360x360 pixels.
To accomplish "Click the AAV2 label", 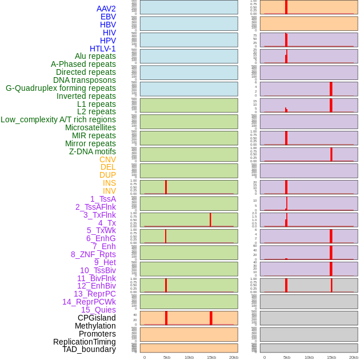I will coord(106,9).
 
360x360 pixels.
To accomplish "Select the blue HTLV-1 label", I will coord(102,49).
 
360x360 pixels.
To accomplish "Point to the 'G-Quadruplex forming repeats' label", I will coord(61,88).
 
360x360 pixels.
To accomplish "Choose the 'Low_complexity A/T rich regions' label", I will coord(58,119).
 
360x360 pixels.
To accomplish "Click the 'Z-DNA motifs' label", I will coord(92,151).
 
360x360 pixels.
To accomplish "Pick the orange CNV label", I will coord(107,159).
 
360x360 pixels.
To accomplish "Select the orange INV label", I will coord(109,191).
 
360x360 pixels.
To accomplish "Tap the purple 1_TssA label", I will coord(103,199).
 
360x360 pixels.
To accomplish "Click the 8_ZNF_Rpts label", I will coord(93,254).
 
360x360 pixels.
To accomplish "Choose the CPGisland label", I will coord(97,318).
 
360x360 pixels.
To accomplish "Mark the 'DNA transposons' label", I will coord(85,80).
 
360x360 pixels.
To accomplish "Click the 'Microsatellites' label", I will coord(90,127).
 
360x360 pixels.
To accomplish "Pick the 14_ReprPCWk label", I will coord(89,302).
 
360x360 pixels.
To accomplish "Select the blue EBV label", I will coord(108,17).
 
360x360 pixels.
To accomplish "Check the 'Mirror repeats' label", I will coord(90,143).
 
